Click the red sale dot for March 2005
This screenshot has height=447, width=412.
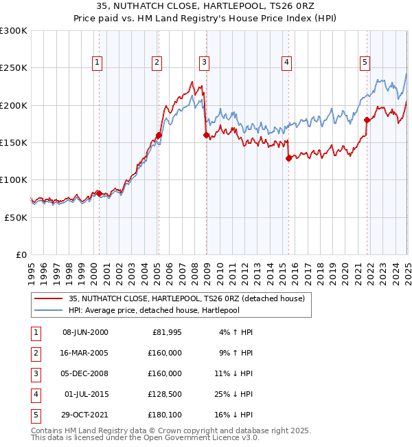coord(159,135)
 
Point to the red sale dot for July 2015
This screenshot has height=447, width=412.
coord(288,159)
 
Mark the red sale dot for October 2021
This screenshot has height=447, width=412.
coord(367,120)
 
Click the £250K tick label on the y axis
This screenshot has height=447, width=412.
coord(14,68)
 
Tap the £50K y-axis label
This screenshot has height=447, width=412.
coord(16,217)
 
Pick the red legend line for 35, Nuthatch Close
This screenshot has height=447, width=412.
coord(48,298)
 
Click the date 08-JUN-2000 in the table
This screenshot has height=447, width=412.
coord(85,332)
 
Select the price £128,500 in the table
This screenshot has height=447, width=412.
coord(165,394)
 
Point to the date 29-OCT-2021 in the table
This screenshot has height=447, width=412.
coord(85,415)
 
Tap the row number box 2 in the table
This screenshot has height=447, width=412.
coord(34,353)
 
